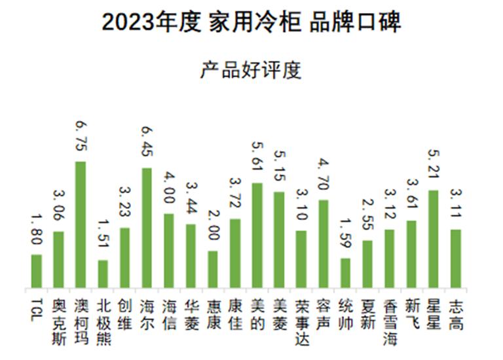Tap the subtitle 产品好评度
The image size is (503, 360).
coord(251,69)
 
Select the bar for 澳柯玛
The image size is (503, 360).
coord(81,225)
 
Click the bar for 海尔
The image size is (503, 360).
coord(147,228)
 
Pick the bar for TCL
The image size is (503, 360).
coord(37,271)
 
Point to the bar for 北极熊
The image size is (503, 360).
coord(103,274)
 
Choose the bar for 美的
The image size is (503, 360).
coord(257,235)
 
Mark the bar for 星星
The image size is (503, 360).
coord(433,239)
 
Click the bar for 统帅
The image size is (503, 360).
coord(345,273)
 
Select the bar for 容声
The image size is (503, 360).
coord(323,243)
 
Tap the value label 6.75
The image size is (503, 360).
coord(81,136)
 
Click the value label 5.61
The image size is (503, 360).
coord(257,158)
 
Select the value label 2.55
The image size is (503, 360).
coord(367,215)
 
